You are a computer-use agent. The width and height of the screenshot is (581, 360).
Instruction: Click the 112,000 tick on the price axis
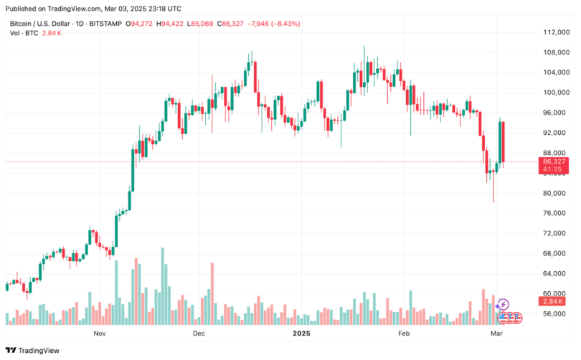pos(555,32)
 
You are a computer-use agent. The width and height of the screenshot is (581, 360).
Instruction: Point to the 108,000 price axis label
pos(555,52)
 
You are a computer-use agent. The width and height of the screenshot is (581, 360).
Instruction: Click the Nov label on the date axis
pos(100,334)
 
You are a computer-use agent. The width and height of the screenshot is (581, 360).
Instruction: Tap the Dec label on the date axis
pos(199,334)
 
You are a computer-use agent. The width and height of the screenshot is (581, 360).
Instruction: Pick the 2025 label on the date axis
pos(301,334)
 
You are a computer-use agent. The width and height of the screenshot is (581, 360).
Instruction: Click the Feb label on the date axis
pos(403,334)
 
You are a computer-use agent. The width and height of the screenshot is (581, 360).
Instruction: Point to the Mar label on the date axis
pos(495,334)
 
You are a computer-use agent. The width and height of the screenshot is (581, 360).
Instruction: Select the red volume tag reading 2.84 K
pos(554,302)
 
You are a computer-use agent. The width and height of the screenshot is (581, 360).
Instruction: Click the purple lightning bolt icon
pos(504,304)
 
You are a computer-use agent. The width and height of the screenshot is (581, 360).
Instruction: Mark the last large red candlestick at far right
pos(504,141)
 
